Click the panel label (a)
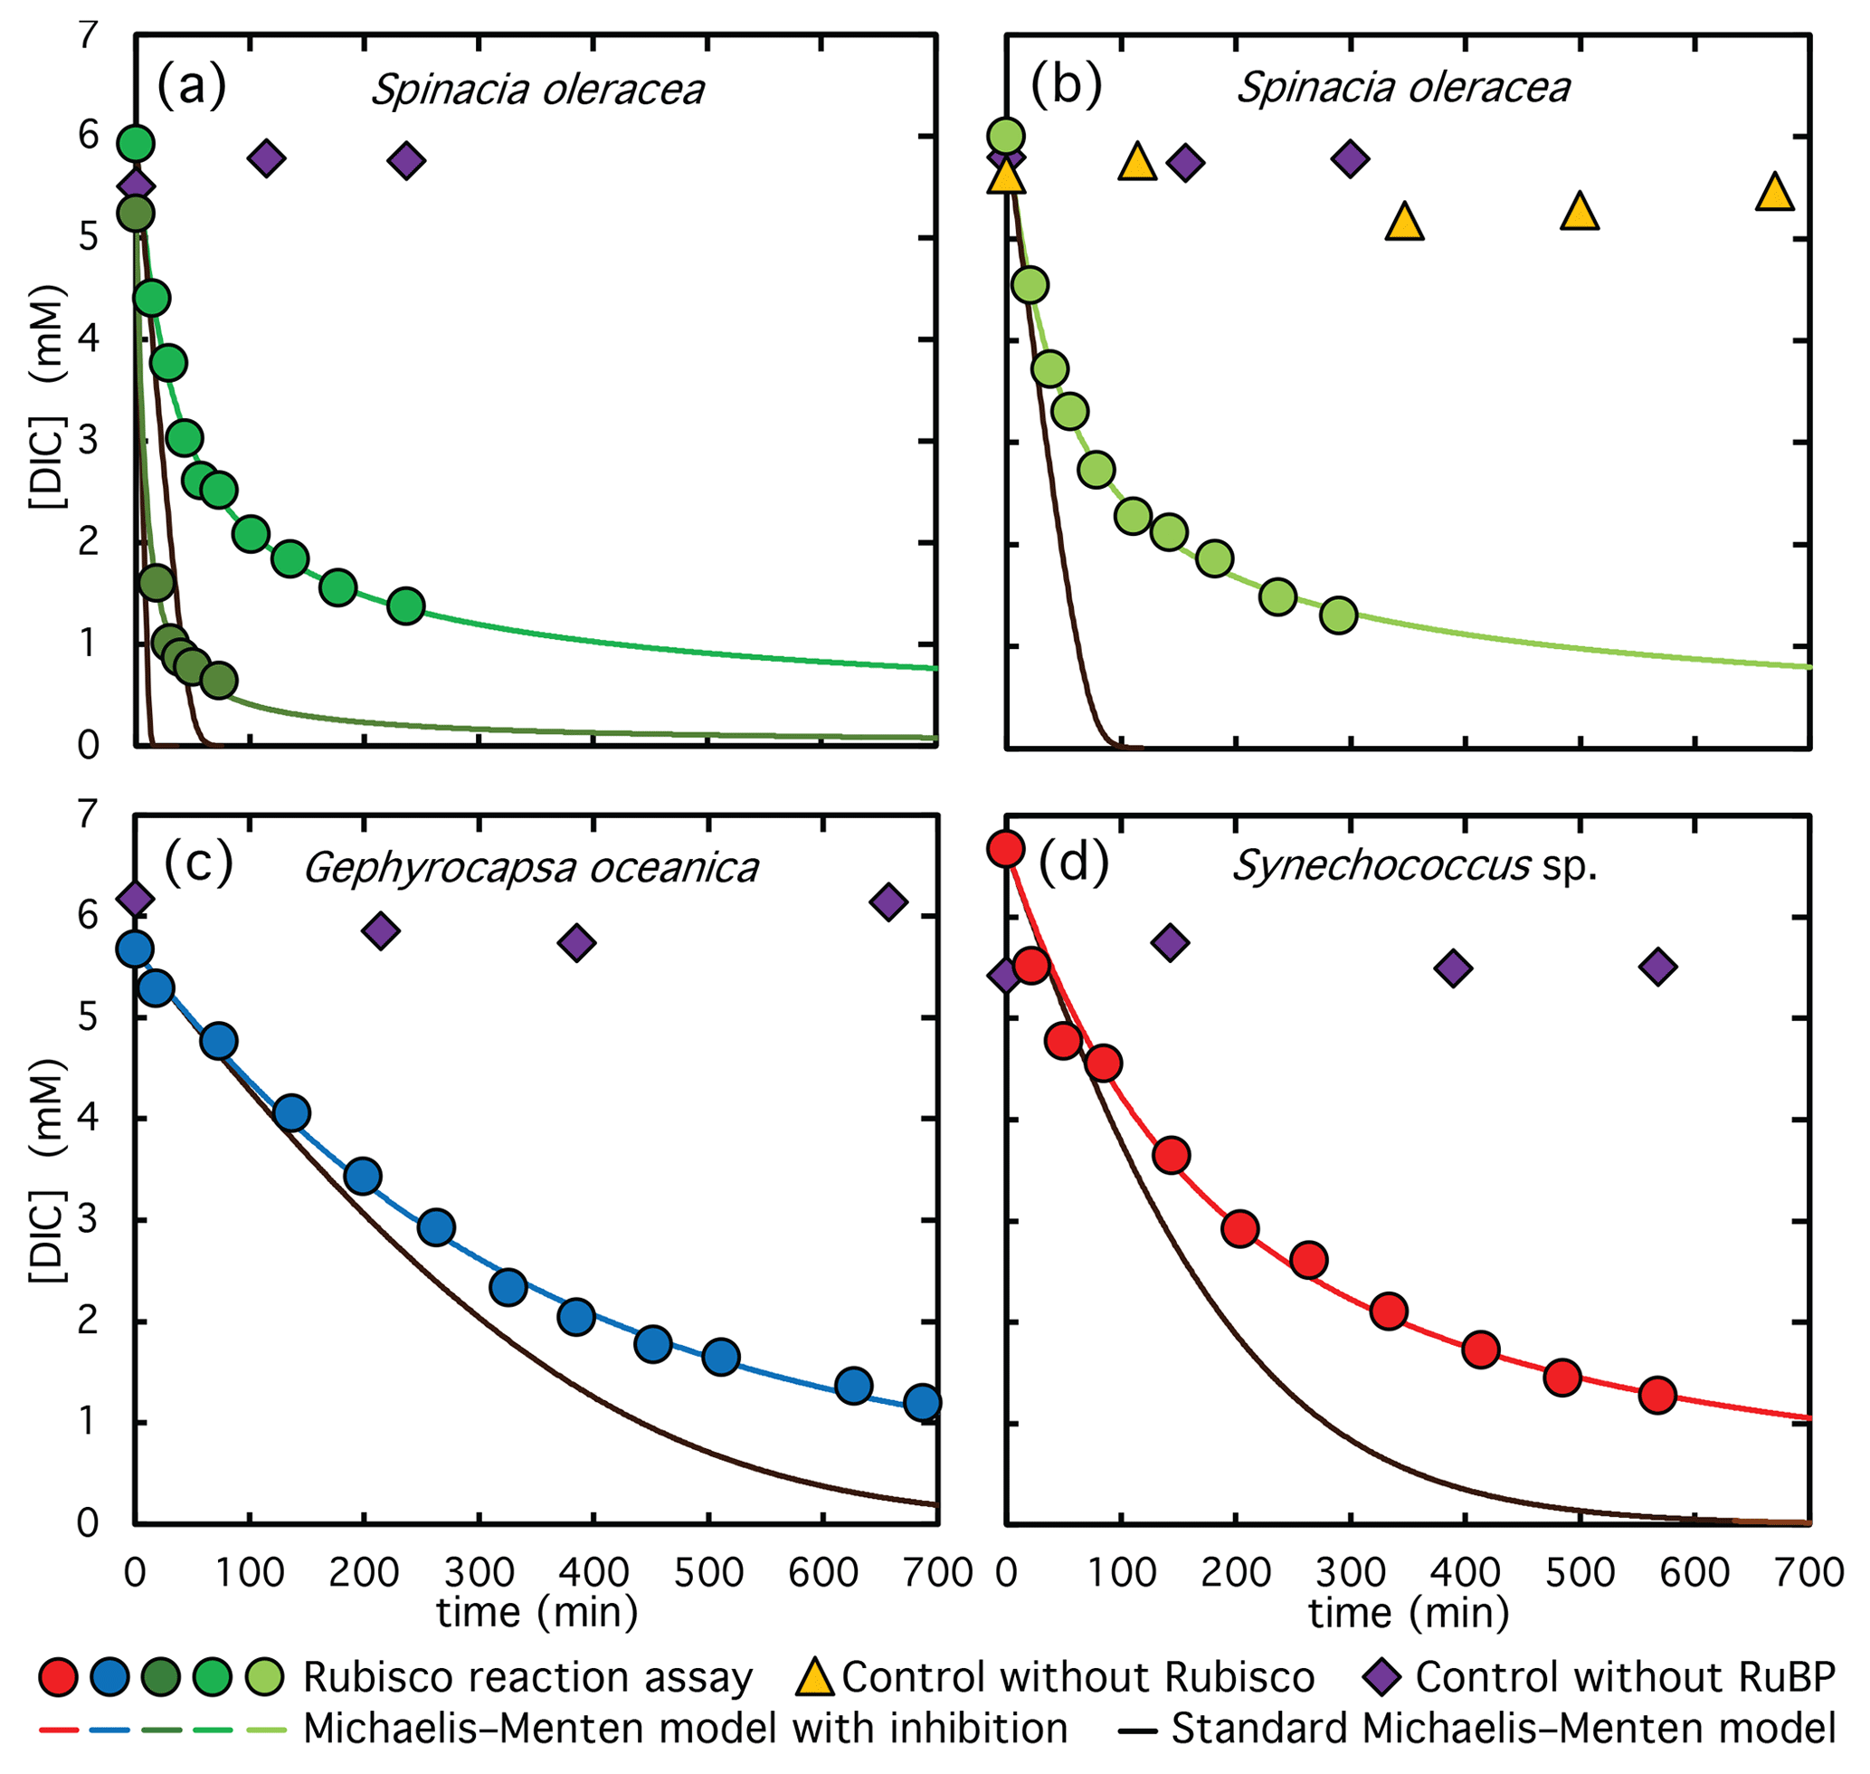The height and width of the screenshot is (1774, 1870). (192, 86)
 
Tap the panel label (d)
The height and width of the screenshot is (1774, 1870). (1073, 863)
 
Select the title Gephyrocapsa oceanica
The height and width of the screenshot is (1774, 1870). (530, 867)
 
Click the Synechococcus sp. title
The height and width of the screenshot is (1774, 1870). (1414, 864)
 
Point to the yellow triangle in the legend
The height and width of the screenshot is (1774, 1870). (814, 1676)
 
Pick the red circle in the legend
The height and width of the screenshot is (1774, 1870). (59, 1676)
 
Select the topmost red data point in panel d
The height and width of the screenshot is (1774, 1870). (1006, 848)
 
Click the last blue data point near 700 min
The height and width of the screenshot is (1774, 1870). (922, 1401)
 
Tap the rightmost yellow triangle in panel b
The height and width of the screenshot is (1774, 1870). (1774, 192)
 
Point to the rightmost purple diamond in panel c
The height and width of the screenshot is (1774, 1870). (888, 902)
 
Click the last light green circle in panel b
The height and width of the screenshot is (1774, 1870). (1339, 615)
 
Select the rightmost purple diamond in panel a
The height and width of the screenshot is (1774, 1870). (406, 161)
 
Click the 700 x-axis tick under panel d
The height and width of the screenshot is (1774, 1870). (1809, 1572)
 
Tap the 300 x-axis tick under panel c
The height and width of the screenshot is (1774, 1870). (479, 1572)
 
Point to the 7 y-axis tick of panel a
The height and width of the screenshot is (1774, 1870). (88, 36)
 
